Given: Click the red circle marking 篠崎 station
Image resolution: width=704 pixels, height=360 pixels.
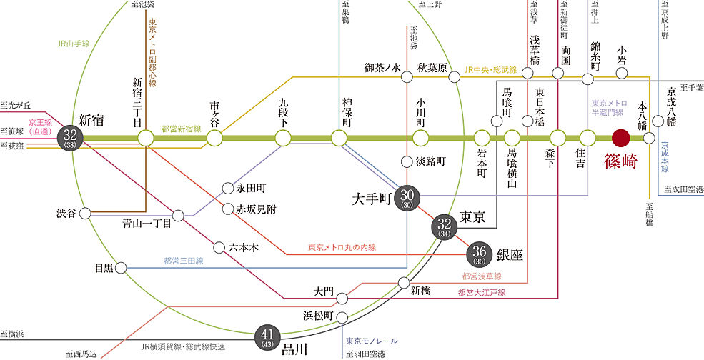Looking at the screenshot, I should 620,137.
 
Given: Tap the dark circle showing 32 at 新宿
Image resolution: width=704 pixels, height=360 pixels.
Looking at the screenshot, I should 71,136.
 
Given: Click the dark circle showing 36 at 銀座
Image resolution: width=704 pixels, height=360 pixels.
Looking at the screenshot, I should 479,254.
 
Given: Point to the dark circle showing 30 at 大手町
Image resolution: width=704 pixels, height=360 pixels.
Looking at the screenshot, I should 409,196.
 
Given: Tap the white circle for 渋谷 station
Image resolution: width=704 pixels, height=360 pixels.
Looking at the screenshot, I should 86,213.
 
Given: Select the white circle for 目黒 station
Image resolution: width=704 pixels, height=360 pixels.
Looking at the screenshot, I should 121,268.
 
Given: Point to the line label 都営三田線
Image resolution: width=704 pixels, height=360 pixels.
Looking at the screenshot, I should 182,261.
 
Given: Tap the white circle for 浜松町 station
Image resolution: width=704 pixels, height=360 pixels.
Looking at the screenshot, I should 342,317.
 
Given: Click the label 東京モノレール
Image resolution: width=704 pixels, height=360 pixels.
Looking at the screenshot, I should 371,341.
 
